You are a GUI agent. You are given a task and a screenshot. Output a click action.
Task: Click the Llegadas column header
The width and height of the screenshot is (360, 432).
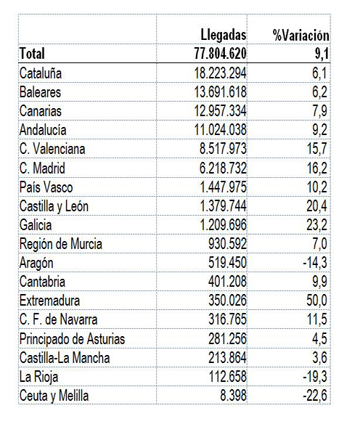tap(224, 36)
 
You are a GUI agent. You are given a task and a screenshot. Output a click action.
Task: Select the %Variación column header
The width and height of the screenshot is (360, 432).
tap(300, 36)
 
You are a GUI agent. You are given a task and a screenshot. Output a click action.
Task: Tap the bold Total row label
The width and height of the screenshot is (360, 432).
tap(32, 54)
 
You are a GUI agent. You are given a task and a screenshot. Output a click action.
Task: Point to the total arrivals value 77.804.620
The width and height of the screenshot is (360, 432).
tap(221, 54)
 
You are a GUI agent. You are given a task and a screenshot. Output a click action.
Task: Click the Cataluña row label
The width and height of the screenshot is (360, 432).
tap(41, 73)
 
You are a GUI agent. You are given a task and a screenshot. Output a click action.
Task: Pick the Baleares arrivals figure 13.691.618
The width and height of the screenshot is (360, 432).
tap(221, 92)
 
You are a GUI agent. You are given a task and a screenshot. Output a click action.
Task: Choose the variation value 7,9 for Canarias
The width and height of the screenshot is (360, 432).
tap(320, 111)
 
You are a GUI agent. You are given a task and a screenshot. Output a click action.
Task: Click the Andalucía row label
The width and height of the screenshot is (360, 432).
tap(43, 130)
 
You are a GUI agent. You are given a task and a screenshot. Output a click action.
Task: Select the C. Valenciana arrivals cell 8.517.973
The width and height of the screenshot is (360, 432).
tap(223, 149)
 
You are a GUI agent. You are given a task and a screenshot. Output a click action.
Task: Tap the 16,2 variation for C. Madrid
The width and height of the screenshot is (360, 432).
tap(317, 168)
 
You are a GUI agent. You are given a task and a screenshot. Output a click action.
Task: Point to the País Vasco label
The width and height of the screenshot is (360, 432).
tap(46, 187)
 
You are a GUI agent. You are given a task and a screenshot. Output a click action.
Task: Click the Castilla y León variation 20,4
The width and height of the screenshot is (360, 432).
tap(317, 206)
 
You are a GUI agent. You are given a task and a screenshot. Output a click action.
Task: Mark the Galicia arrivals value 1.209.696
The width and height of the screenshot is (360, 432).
tap(223, 225)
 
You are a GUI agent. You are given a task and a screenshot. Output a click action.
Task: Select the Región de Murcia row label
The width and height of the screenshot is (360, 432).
tap(60, 245)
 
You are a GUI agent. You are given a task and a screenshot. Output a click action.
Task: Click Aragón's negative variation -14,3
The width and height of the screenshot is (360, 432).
tap(315, 263)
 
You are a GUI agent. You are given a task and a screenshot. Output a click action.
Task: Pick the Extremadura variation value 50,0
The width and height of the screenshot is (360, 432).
tap(317, 301)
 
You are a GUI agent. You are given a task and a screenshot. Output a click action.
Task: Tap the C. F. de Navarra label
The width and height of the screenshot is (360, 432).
tap(58, 319)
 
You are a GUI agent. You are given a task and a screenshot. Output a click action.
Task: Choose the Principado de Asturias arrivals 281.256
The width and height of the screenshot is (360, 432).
tap(227, 338)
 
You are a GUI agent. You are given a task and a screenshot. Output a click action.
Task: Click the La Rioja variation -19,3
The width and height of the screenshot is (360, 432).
tap(315, 377)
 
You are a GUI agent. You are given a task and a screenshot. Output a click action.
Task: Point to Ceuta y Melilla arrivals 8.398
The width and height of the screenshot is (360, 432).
tap(233, 396)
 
